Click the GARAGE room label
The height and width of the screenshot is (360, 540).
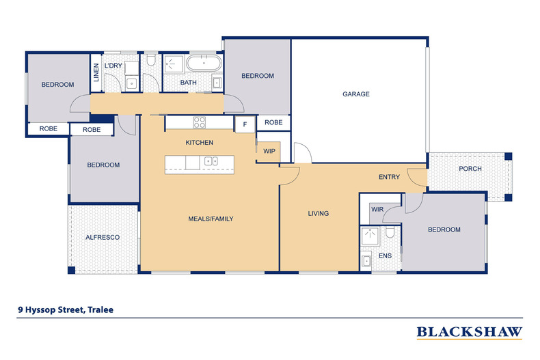(355, 94)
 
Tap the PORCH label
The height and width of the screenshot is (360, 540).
(470, 169)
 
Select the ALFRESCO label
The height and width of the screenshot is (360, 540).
(103, 237)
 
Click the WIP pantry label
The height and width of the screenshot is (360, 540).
(269, 152)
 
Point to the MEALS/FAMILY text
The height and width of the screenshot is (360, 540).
(211, 219)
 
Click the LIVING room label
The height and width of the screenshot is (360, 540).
(319, 214)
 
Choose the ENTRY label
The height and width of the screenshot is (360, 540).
(389, 178)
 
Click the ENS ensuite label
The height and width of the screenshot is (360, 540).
(385, 256)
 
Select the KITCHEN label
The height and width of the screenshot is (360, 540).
(200, 143)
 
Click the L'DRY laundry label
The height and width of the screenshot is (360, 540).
(113, 65)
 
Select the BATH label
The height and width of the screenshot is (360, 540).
(188, 83)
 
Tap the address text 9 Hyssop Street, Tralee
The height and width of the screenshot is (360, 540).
(66, 309)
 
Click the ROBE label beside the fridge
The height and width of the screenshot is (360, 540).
(273, 122)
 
